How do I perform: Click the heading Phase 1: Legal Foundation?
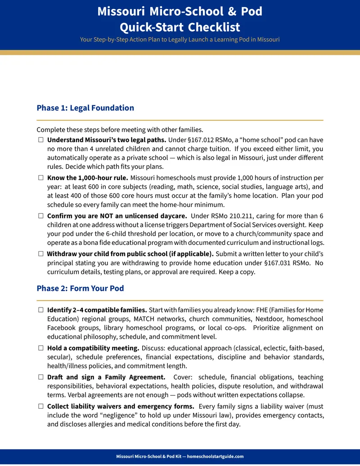pyautogui.click(x=85, y=108)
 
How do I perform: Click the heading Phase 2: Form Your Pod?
pyautogui.click(x=80, y=288)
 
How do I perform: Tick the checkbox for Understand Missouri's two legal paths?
pyautogui.click(x=41, y=140)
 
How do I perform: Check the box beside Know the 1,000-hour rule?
pyautogui.click(x=41, y=178)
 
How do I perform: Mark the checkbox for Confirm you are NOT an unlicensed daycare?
pyautogui.click(x=41, y=216)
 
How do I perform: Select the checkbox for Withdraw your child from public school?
pyautogui.click(x=41, y=253)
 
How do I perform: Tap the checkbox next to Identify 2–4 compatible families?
pyautogui.click(x=41, y=310)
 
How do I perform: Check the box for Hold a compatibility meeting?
pyautogui.click(x=41, y=348)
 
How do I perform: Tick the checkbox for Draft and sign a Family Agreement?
pyautogui.click(x=41, y=377)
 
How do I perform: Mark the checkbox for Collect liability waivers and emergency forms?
pyautogui.click(x=41, y=407)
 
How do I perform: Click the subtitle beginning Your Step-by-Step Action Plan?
pyautogui.click(x=180, y=40)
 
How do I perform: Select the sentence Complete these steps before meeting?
pyautogui.click(x=120, y=130)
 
